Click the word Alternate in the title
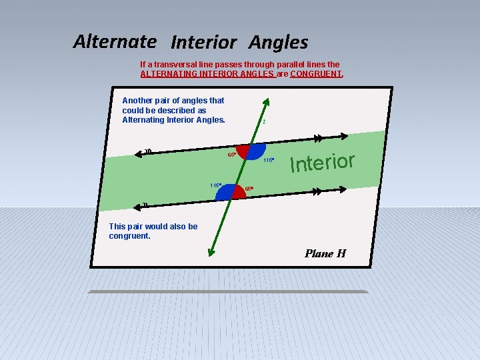(x=115, y=41)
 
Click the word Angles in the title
(x=278, y=43)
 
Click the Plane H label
(x=325, y=253)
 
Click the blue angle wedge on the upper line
(x=256, y=150)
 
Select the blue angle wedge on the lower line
(x=227, y=193)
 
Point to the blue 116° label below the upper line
(x=268, y=160)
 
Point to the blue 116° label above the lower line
(x=215, y=185)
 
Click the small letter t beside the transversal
(x=264, y=122)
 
